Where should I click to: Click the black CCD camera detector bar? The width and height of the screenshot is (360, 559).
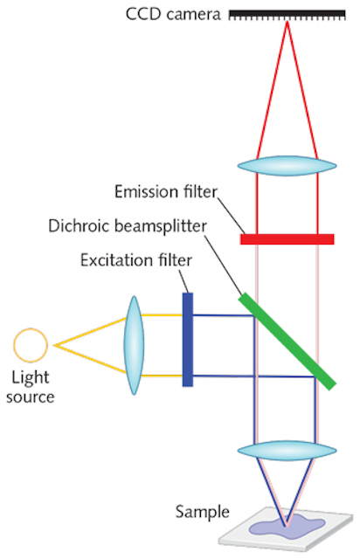pos(287,15)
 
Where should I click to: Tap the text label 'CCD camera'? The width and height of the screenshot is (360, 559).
pos(173,15)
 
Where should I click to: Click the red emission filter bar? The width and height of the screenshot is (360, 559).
pos(287,238)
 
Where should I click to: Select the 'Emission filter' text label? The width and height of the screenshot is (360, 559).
pos(165,192)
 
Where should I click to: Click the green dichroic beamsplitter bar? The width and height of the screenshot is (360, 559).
pos(287,342)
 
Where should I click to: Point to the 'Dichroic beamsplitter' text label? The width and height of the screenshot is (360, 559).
pos(128,226)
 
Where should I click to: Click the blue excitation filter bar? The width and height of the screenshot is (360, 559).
pos(188,340)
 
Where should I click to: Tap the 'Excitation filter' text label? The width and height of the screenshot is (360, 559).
pos(136,260)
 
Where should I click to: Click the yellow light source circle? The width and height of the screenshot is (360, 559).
pos(31,345)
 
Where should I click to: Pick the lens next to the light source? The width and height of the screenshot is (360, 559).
pos(134,345)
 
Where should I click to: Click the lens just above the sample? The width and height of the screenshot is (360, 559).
pos(287,451)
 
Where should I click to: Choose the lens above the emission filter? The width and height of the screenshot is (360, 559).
pos(287,166)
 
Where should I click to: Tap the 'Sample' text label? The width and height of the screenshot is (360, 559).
pos(203,513)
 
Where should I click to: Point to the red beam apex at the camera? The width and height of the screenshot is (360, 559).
pos(287,22)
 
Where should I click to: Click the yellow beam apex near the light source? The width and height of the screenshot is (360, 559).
pos(55,345)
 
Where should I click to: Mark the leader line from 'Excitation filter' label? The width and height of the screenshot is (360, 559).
pos(183,281)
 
